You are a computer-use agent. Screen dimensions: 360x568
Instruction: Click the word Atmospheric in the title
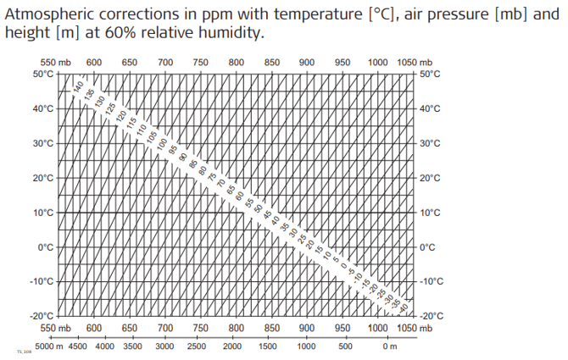click(50, 14)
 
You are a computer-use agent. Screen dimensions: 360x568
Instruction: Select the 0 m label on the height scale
click(390, 346)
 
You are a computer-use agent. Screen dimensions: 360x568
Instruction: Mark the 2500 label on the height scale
click(197, 346)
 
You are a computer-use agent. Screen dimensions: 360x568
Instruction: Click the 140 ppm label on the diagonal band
click(79, 86)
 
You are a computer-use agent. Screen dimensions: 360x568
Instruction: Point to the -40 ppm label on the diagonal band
click(404, 307)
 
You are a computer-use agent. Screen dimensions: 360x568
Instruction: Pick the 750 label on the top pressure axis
click(201, 62)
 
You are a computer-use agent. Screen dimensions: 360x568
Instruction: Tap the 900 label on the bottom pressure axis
click(307, 328)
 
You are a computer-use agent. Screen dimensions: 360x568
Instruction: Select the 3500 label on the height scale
click(132, 346)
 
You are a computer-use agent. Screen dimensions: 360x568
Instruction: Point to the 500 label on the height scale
click(345, 346)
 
